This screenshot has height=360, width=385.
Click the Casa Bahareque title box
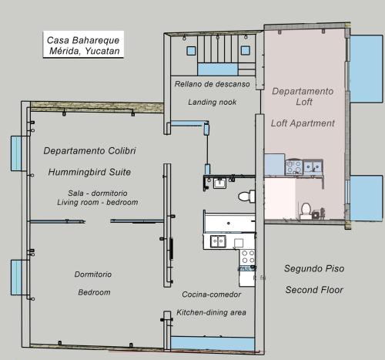pyautogui.click(x=83, y=44)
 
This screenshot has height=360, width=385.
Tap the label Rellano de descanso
pyautogui.click(x=212, y=84)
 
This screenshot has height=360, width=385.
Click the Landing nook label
pyautogui.click(x=212, y=102)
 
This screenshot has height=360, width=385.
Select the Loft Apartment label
pyautogui.click(x=303, y=123)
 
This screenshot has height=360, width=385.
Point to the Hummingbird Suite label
pyautogui.click(x=89, y=172)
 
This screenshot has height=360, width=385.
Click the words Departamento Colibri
pyautogui.click(x=89, y=150)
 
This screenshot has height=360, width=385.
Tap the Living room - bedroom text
pyautogui.click(x=98, y=202)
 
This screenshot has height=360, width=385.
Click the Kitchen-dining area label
pyautogui.click(x=211, y=312)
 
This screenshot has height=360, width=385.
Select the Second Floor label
pyautogui.click(x=314, y=290)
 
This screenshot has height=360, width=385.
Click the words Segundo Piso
pyautogui.click(x=314, y=268)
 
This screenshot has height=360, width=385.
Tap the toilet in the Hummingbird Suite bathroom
pyautogui.click(x=246, y=197)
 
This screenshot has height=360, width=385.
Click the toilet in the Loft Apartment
pyautogui.click(x=306, y=211)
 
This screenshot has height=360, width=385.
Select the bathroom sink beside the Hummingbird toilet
pyautogui.click(x=219, y=183)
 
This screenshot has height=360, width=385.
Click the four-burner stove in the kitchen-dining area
pyautogui.click(x=247, y=257)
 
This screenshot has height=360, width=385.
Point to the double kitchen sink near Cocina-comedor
pyautogui.click(x=218, y=241)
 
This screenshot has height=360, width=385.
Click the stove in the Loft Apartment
pyautogui.click(x=294, y=167)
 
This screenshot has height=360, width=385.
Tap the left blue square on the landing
pyautogui.click(x=191, y=51)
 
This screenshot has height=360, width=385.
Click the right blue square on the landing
pyautogui.click(x=246, y=50)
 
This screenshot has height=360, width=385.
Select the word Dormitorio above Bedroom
pyautogui.click(x=93, y=274)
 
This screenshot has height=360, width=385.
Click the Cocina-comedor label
pyautogui.click(x=211, y=294)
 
